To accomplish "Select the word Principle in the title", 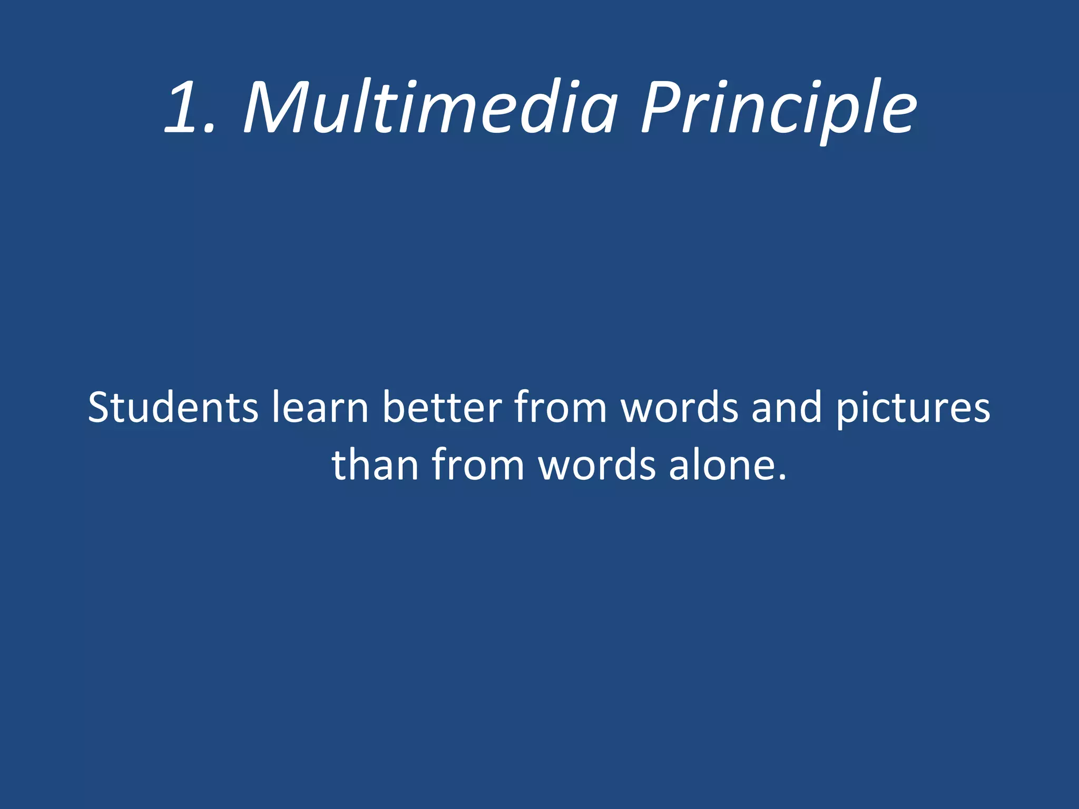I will (778, 108).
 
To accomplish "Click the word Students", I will (173, 407).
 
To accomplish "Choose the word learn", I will (320, 407).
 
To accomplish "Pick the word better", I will (442, 407).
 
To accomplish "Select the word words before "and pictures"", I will (680, 407).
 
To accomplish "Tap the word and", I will (787, 407).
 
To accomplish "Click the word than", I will (375, 465).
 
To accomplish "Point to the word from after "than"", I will (478, 465).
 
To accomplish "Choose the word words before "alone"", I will (597, 465).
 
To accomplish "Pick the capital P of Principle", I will (662, 108).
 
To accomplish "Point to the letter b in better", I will (393, 407).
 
